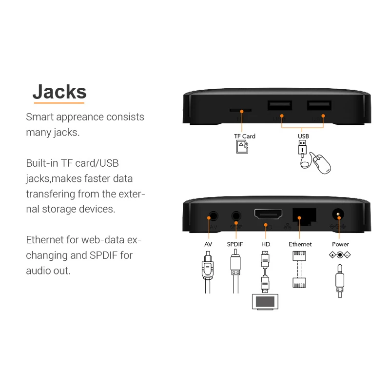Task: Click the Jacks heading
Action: coord(59,91)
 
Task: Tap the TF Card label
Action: coord(245,136)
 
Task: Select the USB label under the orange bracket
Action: coord(303,136)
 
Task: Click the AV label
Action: coord(208,244)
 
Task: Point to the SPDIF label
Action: coord(235,244)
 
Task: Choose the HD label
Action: coord(266,244)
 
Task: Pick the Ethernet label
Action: coord(300,244)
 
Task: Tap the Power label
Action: coord(340,244)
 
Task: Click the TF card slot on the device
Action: coord(241,110)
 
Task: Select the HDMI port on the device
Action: coord(266,214)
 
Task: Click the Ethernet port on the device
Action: coord(304,215)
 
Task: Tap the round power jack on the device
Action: coord(337,215)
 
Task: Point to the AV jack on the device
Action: coord(213,215)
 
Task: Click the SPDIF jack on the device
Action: coord(236,215)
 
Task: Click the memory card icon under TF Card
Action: coord(240,147)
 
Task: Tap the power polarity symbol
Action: coord(340,255)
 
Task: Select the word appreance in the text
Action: coord(80,117)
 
